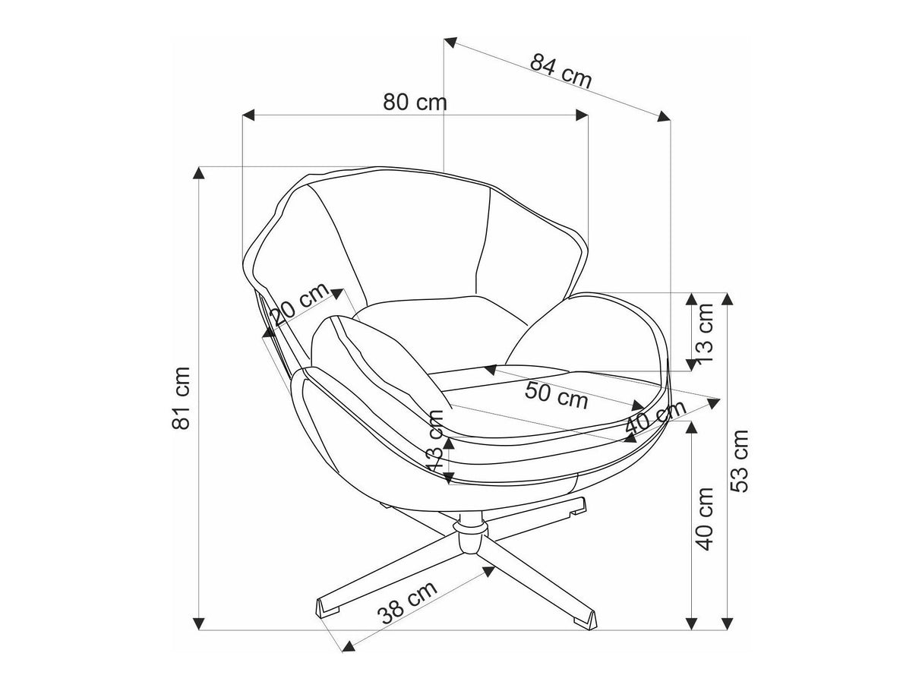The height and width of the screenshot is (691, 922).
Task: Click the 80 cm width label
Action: click(415, 102)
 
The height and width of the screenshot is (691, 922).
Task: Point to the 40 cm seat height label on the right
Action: click(706, 519)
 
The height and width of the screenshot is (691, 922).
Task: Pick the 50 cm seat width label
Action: click(557, 395)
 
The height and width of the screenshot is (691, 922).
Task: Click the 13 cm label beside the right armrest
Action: click(706, 332)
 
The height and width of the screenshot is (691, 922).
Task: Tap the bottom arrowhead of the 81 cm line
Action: click(200, 624)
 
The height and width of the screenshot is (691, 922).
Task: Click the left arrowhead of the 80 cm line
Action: click(248, 115)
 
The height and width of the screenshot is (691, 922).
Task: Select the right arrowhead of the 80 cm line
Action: click(583, 115)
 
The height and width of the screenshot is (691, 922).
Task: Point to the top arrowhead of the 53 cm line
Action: click(727, 299)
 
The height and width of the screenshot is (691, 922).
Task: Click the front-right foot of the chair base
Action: click(586, 617)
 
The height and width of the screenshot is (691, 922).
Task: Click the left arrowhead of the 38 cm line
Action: click(348, 646)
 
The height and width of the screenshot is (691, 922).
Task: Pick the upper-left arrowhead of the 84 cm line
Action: click(450, 43)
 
